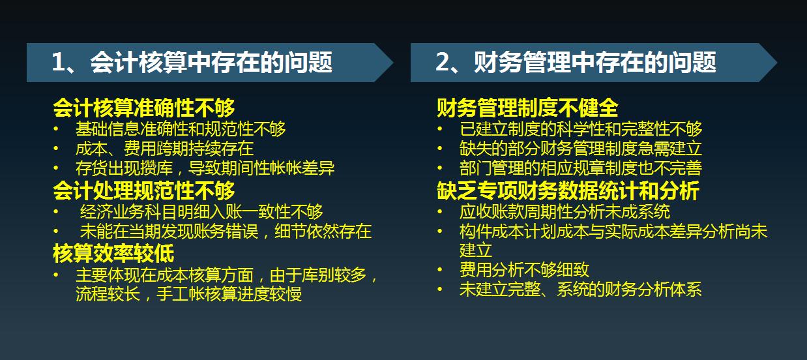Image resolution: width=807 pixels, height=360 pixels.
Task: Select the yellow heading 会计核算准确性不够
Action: point(143,108)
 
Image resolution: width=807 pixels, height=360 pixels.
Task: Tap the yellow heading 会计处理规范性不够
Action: point(143,190)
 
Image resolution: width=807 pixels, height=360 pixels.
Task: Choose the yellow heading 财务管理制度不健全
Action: point(527,108)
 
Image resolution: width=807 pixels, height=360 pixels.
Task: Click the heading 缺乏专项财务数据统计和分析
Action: point(568,191)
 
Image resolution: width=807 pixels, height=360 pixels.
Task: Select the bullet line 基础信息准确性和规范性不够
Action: point(181,129)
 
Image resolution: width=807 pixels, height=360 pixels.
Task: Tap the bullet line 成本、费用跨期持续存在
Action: point(164,149)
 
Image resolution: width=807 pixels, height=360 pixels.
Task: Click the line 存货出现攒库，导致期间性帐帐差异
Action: point(205,169)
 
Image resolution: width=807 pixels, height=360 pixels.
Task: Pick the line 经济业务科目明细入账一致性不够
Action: point(201,212)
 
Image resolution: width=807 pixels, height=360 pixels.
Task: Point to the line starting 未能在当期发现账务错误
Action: point(226,232)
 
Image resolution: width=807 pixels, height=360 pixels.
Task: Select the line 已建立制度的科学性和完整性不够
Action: point(580,129)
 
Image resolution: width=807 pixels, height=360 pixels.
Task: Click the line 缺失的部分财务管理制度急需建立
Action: point(580,149)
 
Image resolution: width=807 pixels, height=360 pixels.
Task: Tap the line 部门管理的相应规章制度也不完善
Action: point(580,169)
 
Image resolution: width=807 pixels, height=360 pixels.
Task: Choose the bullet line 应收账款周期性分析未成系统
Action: point(565,212)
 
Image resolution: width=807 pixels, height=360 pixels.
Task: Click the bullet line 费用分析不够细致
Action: point(524,270)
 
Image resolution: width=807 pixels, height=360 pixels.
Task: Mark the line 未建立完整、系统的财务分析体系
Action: point(580,290)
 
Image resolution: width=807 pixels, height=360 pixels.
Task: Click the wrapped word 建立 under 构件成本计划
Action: point(475,250)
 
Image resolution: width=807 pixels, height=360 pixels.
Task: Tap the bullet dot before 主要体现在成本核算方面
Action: point(57,275)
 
